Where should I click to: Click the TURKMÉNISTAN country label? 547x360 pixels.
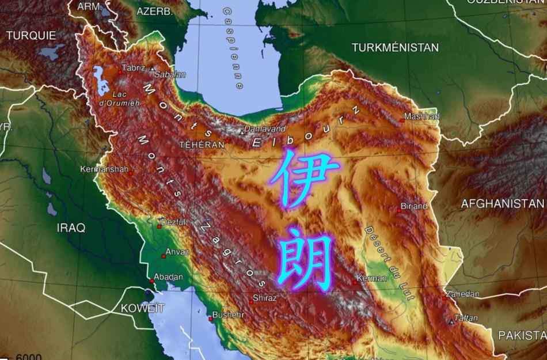click(395, 47)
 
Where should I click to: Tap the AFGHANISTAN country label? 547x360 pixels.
click(502, 203)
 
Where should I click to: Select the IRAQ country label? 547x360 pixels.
click(71, 228)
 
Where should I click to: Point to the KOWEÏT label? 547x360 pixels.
click(142, 308)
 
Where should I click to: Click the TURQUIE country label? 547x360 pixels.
click(31, 35)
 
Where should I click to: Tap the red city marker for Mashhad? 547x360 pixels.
click(402, 120)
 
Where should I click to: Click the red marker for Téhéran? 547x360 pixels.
click(227, 140)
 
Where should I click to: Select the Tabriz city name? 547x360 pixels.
click(133, 68)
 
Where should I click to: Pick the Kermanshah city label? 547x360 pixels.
click(104, 169)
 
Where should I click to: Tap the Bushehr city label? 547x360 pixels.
click(229, 315)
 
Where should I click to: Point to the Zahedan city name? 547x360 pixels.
click(462, 294)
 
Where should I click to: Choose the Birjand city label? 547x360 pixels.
click(414, 206)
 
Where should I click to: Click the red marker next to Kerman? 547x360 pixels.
click(355, 282)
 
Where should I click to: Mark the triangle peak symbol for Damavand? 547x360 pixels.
click(242, 132)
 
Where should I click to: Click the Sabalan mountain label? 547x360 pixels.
click(171, 74)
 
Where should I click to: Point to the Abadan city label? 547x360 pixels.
click(168, 277)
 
